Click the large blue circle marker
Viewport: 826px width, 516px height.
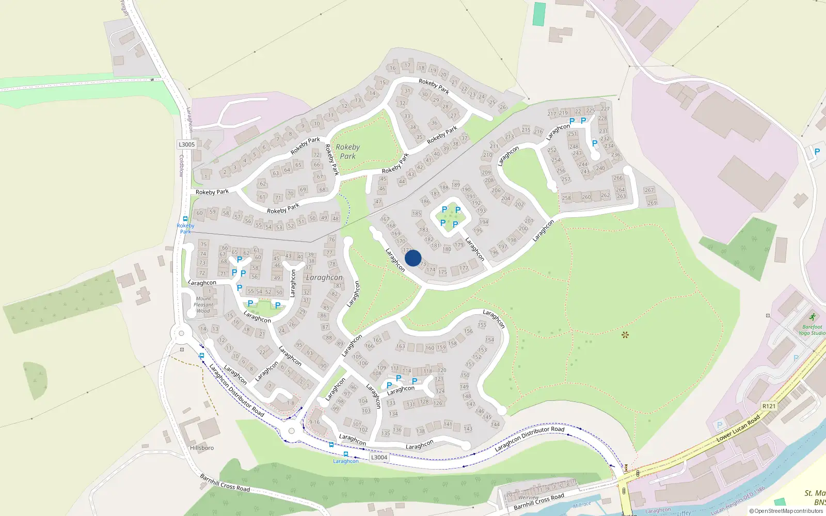click(413, 258)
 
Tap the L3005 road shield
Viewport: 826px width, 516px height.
click(187, 144)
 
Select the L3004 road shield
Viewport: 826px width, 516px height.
click(379, 457)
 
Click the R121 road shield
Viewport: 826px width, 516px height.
click(769, 406)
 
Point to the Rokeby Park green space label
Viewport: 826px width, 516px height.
click(347, 151)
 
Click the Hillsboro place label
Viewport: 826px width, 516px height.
click(201, 448)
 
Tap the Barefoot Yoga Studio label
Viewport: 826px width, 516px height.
click(812, 330)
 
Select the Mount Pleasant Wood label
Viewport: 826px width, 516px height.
click(203, 304)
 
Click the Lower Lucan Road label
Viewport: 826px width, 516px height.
click(738, 428)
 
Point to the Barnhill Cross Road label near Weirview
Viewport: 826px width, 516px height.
click(538, 501)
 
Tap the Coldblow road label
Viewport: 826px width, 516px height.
click(181, 166)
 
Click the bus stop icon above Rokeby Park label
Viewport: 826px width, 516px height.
click(185, 219)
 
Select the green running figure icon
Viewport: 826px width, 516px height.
click(813, 317)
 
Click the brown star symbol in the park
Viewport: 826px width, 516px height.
click(625, 335)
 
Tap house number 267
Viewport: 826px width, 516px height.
click(649, 190)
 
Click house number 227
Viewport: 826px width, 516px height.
click(605, 109)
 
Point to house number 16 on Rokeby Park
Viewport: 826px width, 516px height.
click(392, 68)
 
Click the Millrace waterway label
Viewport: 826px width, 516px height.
click(582, 505)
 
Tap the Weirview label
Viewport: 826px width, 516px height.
click(529, 497)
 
